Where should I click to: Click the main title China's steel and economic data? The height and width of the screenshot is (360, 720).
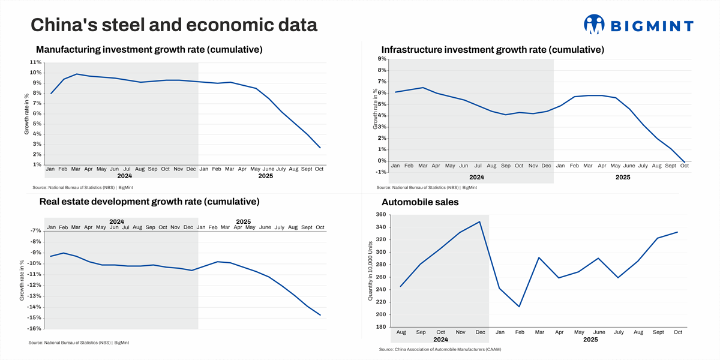174,25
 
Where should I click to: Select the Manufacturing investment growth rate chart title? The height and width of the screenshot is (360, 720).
149,49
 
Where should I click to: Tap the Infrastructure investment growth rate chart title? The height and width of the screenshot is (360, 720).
493,49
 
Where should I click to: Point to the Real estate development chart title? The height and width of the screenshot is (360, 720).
149,202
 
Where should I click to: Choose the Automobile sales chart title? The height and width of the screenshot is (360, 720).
420,202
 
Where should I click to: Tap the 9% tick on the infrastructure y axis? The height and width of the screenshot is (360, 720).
382,59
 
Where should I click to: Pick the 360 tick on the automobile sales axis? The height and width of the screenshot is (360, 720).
380,215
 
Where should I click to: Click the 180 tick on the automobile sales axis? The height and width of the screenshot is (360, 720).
380,327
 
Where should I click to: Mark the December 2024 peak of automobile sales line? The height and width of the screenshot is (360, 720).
479,222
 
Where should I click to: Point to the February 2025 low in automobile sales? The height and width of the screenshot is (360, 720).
519,307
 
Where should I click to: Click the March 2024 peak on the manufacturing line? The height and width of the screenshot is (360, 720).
76,74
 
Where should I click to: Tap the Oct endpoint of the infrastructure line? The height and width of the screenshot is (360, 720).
685,162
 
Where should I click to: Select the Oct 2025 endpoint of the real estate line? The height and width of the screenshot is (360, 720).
320,315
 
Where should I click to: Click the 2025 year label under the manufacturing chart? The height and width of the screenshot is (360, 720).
265,176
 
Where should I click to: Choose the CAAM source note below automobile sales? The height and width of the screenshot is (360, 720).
440,349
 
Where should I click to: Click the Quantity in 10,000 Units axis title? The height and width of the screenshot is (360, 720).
371,271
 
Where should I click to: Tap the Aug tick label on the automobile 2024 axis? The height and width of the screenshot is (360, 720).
401,332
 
